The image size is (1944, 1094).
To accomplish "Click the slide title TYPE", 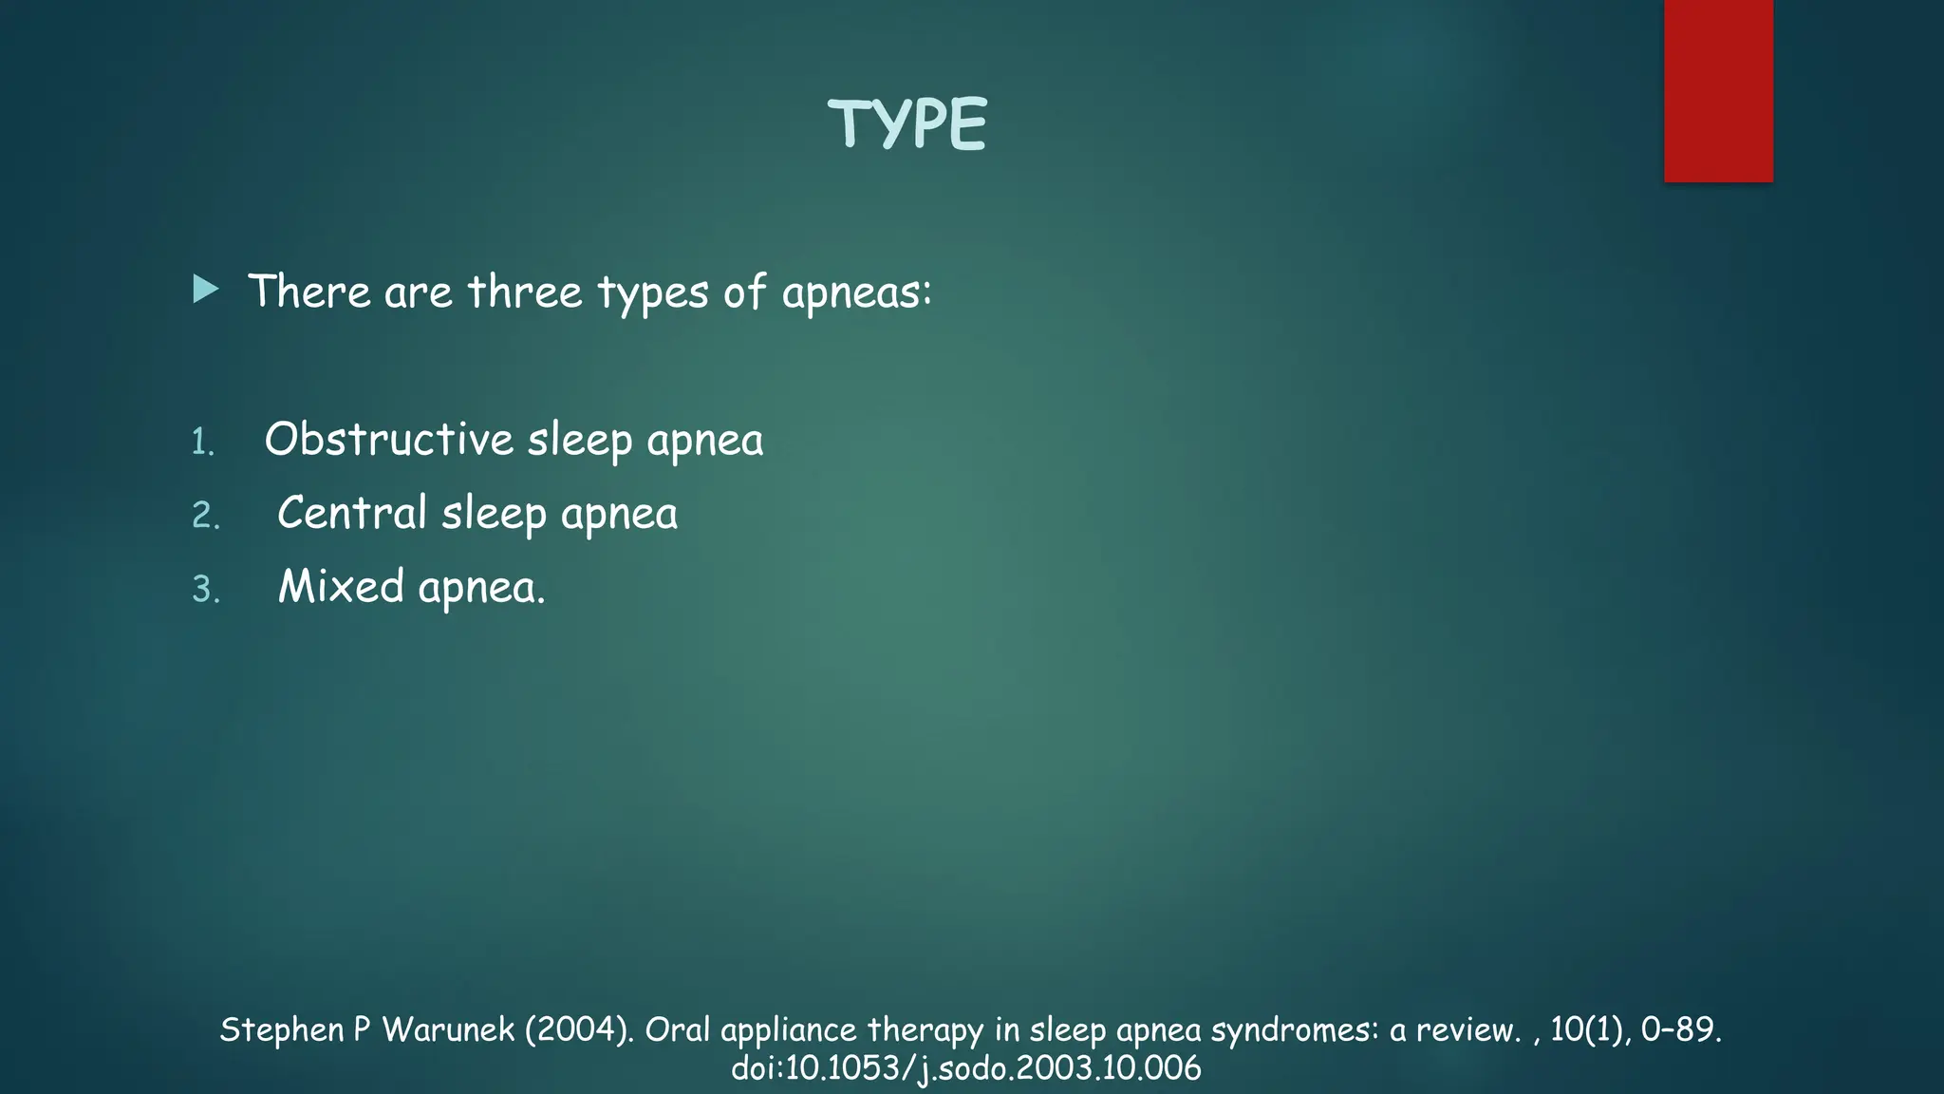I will click(x=907, y=124).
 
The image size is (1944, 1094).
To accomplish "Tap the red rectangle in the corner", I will click(x=1718, y=90).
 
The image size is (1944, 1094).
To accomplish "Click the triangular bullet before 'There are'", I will click(x=205, y=290).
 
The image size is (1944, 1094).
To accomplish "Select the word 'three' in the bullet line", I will click(x=525, y=292).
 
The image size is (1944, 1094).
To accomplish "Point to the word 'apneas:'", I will click(x=857, y=292).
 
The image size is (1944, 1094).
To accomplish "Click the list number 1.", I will click(x=203, y=443).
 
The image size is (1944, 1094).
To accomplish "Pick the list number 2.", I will click(x=205, y=516).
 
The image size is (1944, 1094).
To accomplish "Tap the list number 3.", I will click(x=205, y=590).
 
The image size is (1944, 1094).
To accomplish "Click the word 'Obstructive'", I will click(x=388, y=440).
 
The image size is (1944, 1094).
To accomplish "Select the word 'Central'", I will click(x=352, y=513).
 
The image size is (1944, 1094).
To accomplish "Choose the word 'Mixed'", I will click(x=341, y=586).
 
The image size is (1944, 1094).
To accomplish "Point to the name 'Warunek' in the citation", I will click(x=448, y=1029).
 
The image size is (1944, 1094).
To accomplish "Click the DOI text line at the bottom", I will click(x=966, y=1068).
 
